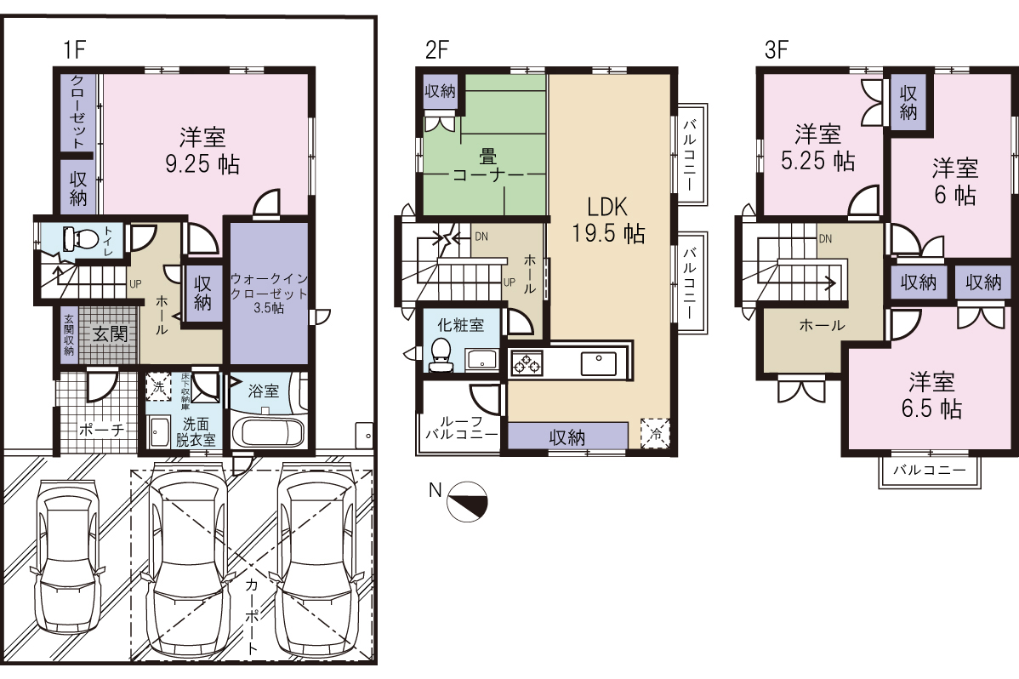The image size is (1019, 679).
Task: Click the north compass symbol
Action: coord(468,501)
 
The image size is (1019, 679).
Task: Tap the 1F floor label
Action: coord(75,49)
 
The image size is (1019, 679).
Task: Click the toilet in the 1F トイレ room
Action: coord(80,239)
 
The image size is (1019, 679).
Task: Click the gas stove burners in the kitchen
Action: coord(527,363)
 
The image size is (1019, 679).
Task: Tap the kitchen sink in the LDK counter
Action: coord(599,363)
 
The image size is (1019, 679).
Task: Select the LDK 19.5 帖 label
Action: coord(607,220)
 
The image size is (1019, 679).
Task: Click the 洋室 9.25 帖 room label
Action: coord(202,151)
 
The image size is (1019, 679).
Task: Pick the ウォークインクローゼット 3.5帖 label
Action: coord(269,293)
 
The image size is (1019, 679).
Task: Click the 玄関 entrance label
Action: coord(109,334)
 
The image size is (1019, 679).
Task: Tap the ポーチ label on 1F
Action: coord(101,430)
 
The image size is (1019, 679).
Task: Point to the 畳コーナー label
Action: coord(488,166)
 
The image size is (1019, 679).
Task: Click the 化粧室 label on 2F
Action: coord(460,324)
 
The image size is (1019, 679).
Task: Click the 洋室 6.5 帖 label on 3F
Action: coord(931,395)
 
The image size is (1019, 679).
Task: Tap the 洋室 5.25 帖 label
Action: coord(817,148)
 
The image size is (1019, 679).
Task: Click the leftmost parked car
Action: coord(67,556)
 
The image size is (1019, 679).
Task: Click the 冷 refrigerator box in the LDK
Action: coord(655,433)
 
